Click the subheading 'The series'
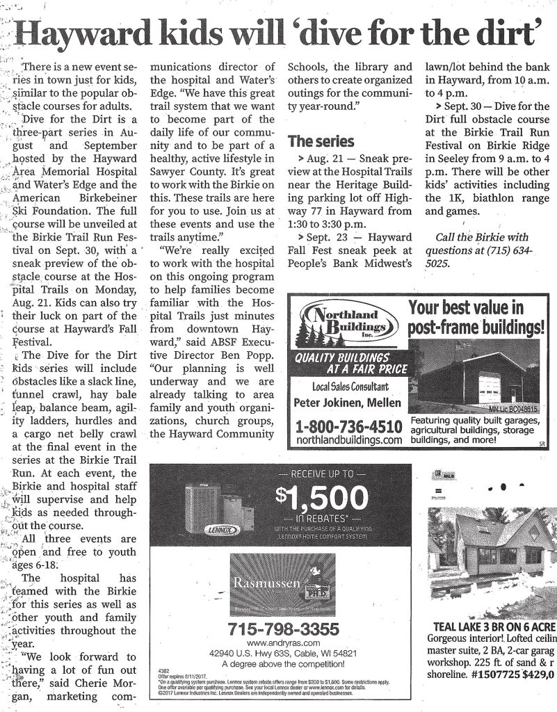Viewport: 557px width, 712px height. pos(320,141)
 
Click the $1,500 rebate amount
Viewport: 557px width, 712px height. pos(319,498)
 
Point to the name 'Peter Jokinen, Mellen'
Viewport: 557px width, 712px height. pos(348,402)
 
